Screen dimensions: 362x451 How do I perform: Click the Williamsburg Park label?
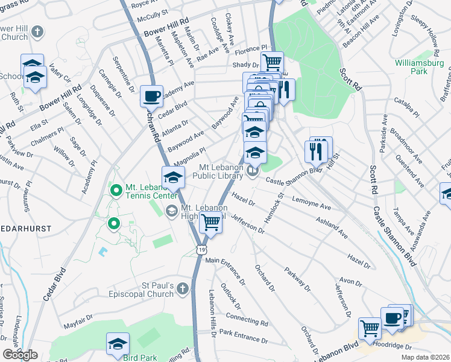click(x=419, y=67)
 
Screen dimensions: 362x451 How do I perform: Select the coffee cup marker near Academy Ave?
click(x=151, y=96)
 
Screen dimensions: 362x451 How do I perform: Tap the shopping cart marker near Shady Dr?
click(x=273, y=62)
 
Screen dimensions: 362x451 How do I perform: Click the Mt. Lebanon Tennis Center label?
click(x=148, y=191)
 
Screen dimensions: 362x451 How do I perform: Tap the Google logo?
click(x=20, y=355)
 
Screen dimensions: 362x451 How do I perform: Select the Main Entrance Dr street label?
click(x=225, y=269)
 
